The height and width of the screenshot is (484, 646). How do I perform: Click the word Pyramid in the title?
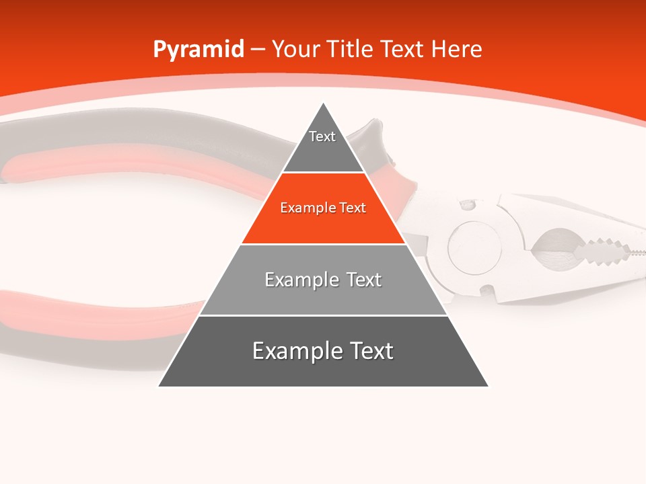click(198, 50)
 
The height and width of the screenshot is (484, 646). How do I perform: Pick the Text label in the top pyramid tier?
click(322, 136)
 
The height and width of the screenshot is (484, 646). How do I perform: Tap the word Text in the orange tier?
click(353, 208)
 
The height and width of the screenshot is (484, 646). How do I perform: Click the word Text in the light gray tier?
click(364, 280)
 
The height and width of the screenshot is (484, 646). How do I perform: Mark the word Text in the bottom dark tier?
click(371, 351)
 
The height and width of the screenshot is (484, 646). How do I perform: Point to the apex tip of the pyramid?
click(324, 104)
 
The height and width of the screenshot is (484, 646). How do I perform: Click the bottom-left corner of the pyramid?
click(159, 386)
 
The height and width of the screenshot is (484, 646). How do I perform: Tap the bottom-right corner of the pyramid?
click(488, 386)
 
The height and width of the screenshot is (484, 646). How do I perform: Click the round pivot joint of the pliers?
click(474, 245)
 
